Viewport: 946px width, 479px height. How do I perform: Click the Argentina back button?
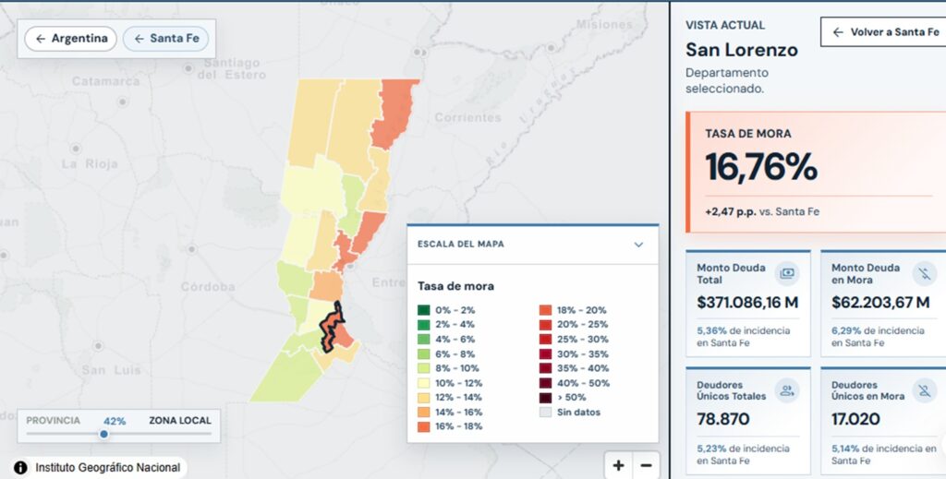pyautogui.click(x=70, y=39)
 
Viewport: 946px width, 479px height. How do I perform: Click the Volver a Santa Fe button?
pyautogui.click(x=884, y=32)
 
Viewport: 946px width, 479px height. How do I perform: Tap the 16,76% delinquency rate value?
pyautogui.click(x=761, y=166)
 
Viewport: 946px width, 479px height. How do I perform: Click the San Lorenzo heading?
pyautogui.click(x=742, y=50)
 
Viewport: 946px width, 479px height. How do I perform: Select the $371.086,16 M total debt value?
pyautogui.click(x=747, y=303)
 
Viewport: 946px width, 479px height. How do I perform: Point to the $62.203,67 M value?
pyautogui.click(x=880, y=303)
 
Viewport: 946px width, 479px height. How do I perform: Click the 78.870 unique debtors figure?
pyautogui.click(x=723, y=419)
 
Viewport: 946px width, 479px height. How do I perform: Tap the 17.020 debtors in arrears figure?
pyautogui.click(x=855, y=419)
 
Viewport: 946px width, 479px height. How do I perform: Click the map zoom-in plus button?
pyautogui.click(x=618, y=465)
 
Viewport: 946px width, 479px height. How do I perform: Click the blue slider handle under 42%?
pyautogui.click(x=103, y=434)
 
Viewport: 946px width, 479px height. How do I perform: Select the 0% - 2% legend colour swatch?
pyautogui.click(x=423, y=310)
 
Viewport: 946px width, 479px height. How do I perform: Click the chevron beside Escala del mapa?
pyautogui.click(x=638, y=245)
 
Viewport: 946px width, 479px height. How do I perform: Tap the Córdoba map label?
pyautogui.click(x=208, y=287)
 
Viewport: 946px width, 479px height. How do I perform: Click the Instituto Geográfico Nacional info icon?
pyautogui.click(x=20, y=468)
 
